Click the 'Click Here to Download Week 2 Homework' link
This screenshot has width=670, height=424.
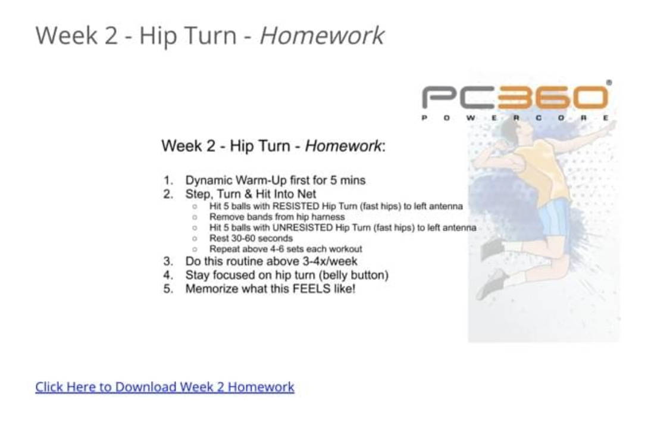[164, 386]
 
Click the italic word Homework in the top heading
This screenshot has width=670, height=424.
[321, 35]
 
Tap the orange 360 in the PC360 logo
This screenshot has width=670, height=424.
[553, 97]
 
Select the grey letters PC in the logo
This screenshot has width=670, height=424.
[459, 97]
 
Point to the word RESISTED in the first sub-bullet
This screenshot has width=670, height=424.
[296, 206]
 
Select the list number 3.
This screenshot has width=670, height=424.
[168, 261]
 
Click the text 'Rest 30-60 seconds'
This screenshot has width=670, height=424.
[251, 238]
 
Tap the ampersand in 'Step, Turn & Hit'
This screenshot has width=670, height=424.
[248, 194]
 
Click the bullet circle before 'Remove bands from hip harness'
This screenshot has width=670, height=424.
[195, 217]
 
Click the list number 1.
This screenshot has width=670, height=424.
[168, 180]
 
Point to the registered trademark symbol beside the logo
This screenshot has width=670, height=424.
[609, 83]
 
